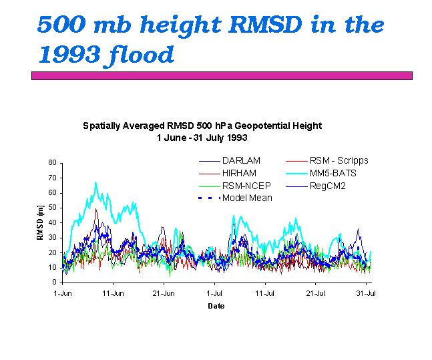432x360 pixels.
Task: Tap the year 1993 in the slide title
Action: [x=67, y=54]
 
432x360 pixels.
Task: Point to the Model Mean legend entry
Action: [x=247, y=198]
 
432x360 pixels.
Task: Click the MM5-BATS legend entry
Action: [x=335, y=173]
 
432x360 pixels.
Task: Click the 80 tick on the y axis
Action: [x=52, y=162]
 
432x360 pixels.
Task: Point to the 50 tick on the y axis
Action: [x=52, y=208]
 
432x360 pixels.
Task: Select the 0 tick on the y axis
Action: [x=54, y=283]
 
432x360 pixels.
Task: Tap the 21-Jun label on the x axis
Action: [x=164, y=293]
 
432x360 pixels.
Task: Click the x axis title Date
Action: [x=216, y=306]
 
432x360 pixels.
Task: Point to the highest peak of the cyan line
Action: [x=95, y=182]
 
